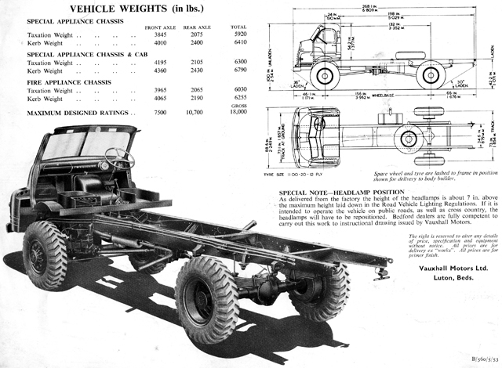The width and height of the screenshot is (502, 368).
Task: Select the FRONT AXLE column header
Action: pyautogui.click(x=160, y=28)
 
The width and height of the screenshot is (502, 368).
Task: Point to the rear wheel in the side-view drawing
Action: pyautogui.click(x=430, y=75)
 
